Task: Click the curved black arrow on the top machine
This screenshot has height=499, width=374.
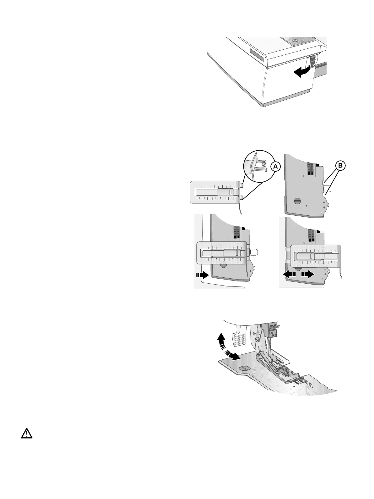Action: pyautogui.click(x=302, y=72)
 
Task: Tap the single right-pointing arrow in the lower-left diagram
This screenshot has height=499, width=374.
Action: pyautogui.click(x=202, y=275)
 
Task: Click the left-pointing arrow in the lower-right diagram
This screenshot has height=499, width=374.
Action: pyautogui.click(x=289, y=274)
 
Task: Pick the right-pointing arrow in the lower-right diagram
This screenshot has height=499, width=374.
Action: pyautogui.click(x=307, y=274)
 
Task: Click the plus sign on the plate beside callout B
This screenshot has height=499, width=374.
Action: pyautogui.click(x=324, y=208)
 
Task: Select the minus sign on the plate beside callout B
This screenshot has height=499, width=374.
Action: pyautogui.click(x=324, y=203)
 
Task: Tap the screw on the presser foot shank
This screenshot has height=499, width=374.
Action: pyautogui.click(x=257, y=339)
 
